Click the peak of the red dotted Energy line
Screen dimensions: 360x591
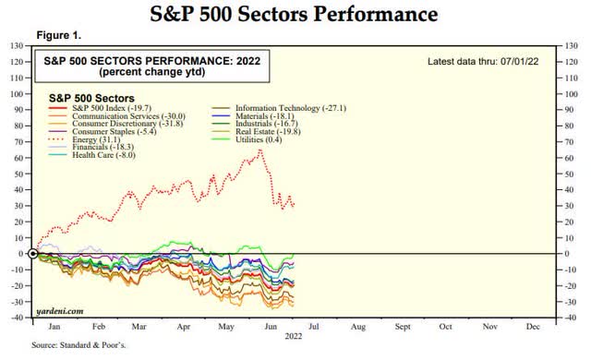[260, 150]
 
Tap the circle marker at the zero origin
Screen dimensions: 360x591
[33, 253]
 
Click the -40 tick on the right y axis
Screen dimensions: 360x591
[574, 318]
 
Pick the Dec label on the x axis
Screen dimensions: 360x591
[533, 327]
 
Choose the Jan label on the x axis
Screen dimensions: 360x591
[54, 327]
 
